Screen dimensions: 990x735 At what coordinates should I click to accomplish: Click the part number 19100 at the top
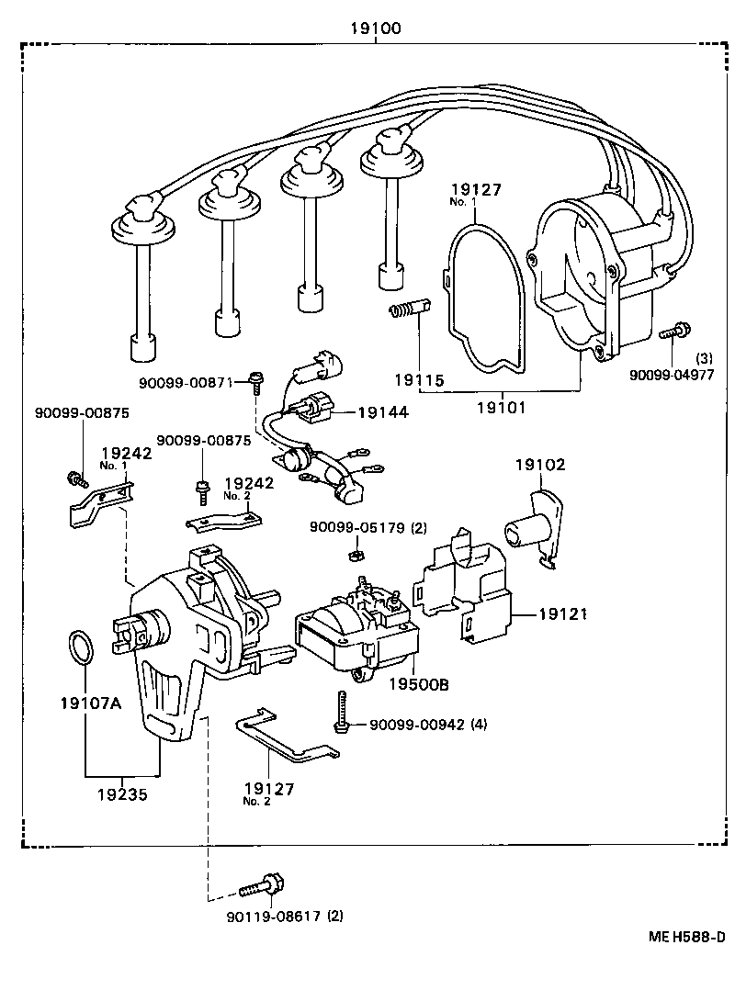click(374, 28)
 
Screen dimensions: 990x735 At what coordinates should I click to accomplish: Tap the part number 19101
click(501, 405)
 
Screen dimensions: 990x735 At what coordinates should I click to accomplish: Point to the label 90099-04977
click(672, 375)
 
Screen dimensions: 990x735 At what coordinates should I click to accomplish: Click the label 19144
click(383, 413)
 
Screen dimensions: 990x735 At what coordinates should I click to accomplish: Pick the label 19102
click(539, 466)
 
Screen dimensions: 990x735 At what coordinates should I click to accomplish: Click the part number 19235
click(122, 793)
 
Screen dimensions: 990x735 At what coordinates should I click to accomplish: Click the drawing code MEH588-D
click(687, 937)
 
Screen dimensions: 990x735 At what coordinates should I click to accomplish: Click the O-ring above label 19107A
click(82, 648)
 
